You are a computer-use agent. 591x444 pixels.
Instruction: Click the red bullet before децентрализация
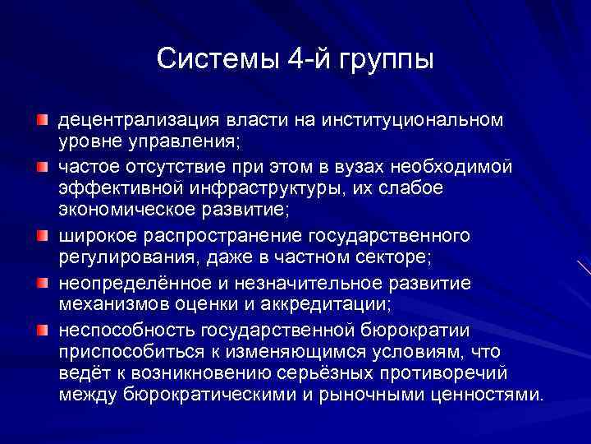click(x=42, y=121)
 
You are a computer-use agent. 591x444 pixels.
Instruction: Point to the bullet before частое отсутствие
click(x=42, y=168)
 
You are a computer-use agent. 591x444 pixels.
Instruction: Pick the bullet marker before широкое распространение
click(x=42, y=237)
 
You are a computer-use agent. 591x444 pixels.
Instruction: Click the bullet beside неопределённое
click(x=42, y=284)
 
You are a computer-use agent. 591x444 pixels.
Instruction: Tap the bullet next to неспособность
click(x=42, y=331)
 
